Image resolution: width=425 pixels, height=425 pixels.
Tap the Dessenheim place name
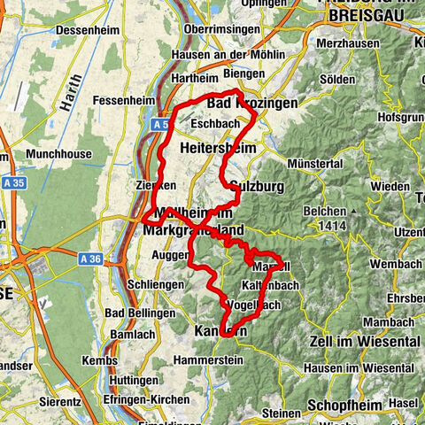(85, 30)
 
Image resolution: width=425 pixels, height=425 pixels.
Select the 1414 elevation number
(329, 226)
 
